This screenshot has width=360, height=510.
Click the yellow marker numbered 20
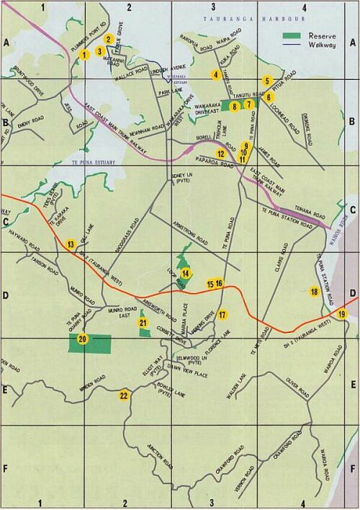[x=82, y=339]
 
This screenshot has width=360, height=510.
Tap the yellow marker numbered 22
[x=124, y=395]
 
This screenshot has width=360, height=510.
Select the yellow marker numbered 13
[x=71, y=245]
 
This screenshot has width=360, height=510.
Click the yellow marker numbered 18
[x=314, y=291]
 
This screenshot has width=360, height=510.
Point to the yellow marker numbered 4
[x=215, y=74]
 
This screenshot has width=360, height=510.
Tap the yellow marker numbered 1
[x=84, y=54]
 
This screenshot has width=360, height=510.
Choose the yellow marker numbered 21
[x=143, y=323]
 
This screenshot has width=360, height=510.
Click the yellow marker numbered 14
[x=186, y=273]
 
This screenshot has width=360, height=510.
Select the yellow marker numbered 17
[x=222, y=315]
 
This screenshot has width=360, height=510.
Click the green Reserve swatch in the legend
[x=289, y=35]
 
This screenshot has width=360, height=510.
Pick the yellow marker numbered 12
[x=221, y=153]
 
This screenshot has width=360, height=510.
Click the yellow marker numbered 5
[x=267, y=81]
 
